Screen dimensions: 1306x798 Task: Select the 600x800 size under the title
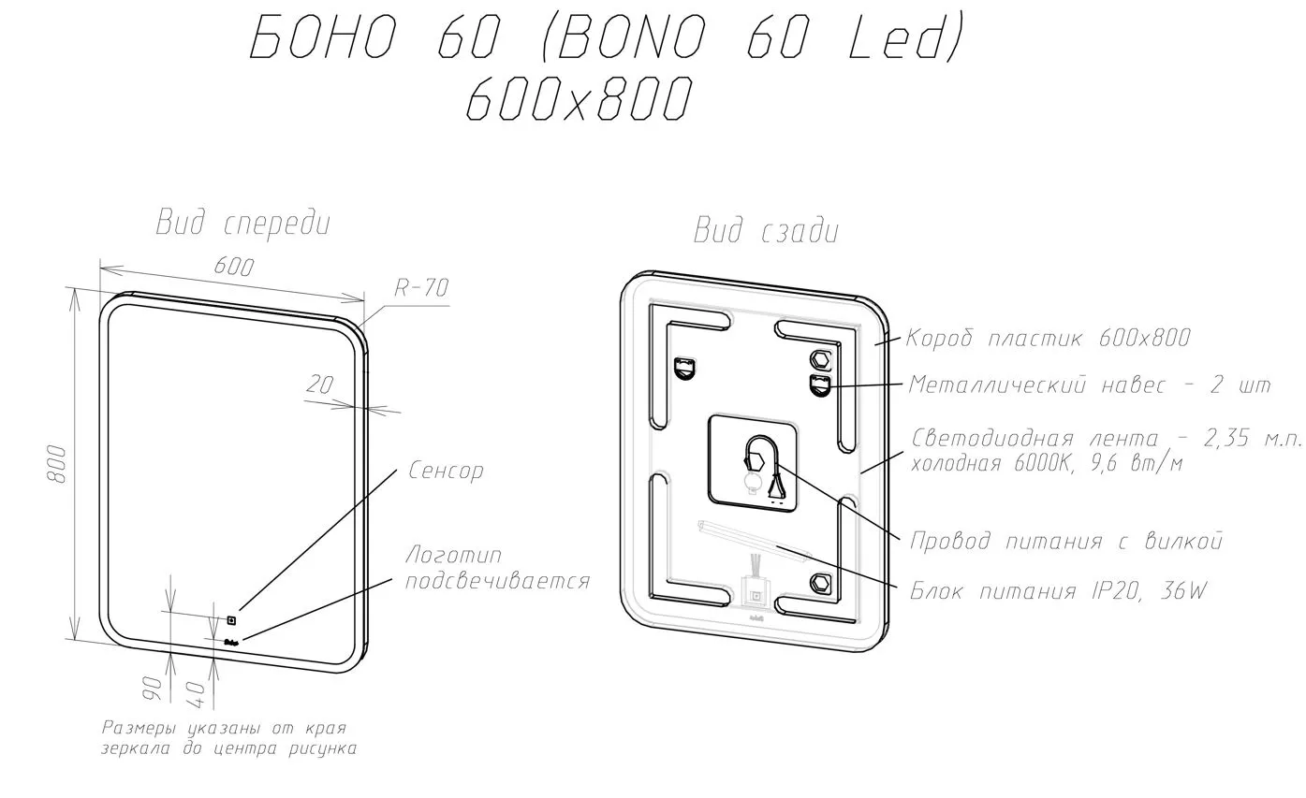tap(580, 99)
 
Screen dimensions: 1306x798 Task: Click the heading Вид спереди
tap(243, 224)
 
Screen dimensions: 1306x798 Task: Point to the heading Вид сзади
tap(766, 231)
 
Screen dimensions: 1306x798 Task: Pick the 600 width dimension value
tap(234, 267)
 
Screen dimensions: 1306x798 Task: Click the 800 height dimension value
tap(57, 464)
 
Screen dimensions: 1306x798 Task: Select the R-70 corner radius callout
tap(421, 288)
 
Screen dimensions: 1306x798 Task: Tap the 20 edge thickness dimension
tap(320, 384)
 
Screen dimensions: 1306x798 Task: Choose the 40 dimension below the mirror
tap(197, 694)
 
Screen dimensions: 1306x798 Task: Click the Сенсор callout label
tap(446, 470)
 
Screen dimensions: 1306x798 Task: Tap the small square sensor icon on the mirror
tap(231, 620)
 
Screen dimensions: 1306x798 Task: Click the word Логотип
tap(454, 555)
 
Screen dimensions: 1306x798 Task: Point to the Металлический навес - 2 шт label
tap(1090, 385)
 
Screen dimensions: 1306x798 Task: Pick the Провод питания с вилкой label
tap(1066, 541)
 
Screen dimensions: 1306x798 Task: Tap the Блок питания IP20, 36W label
tap(1058, 592)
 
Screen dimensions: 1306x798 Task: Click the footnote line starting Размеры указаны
tap(225, 728)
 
